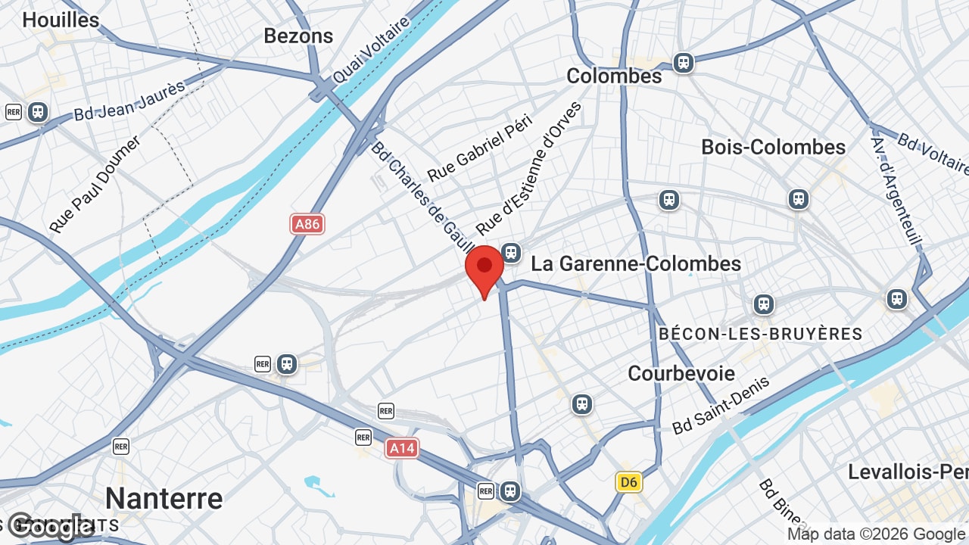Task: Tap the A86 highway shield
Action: click(x=307, y=224)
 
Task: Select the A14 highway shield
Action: click(x=402, y=448)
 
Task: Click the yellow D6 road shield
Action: click(x=628, y=482)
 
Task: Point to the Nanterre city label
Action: click(x=164, y=499)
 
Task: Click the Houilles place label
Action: click(x=61, y=20)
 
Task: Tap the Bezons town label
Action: click(x=298, y=36)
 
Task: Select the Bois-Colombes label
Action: click(x=773, y=147)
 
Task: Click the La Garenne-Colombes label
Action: click(x=636, y=264)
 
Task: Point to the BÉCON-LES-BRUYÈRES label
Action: click(x=760, y=334)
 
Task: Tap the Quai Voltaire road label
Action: click(x=371, y=50)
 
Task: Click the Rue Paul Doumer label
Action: click(x=95, y=185)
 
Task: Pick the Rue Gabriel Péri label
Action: click(x=480, y=148)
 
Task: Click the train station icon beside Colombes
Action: click(x=684, y=62)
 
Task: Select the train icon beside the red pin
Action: click(x=512, y=252)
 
